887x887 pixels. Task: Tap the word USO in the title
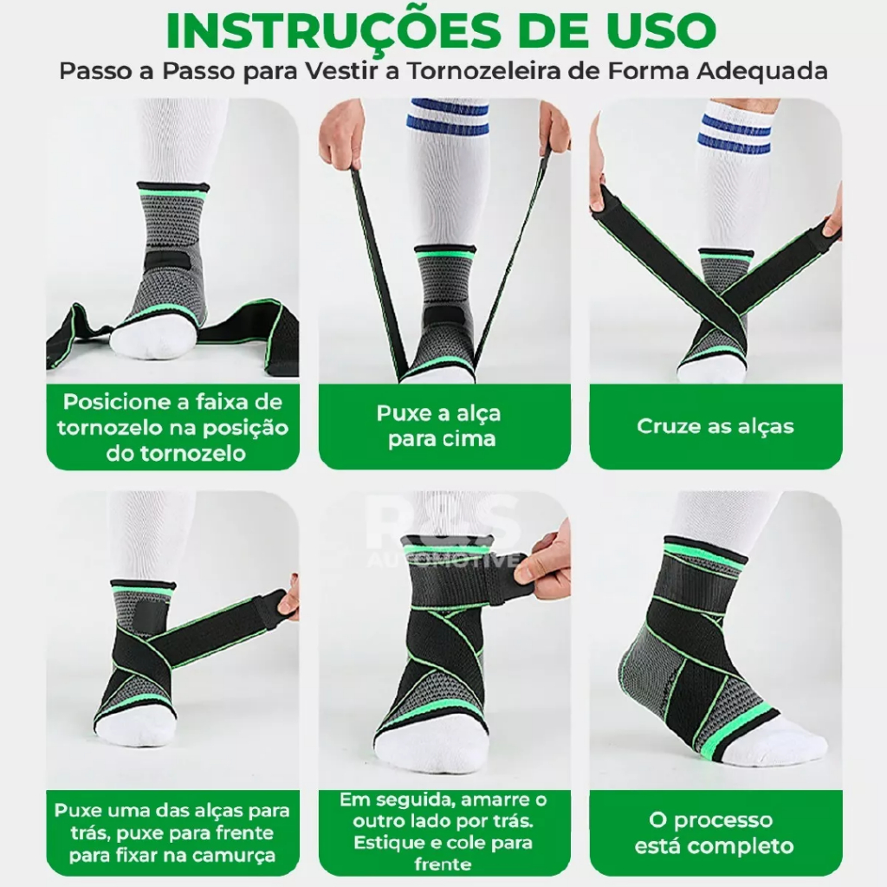660,30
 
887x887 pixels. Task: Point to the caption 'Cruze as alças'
715,426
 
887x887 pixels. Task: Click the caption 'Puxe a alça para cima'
439,425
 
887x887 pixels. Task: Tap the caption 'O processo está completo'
715,832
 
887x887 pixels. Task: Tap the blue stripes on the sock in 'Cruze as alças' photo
736,134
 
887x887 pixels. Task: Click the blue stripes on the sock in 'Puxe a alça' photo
448,117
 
